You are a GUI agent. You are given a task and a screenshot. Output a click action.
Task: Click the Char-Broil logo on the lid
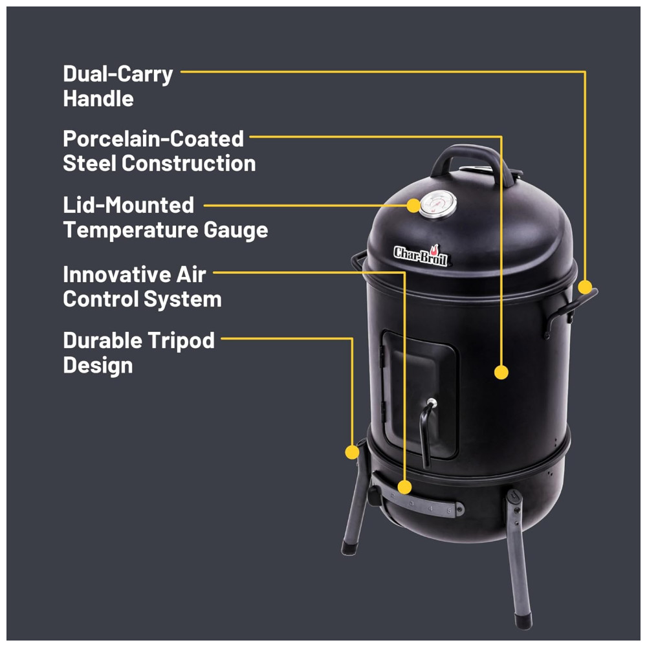point(421,256)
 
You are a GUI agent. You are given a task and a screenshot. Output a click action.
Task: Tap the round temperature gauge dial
point(438,205)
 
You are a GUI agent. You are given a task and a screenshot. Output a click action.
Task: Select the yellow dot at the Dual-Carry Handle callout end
point(585,287)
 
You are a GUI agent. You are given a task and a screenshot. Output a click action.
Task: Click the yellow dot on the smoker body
point(501,372)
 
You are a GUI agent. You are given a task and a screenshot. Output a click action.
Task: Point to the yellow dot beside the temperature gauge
point(413,206)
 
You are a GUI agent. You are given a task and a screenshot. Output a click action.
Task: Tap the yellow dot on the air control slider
point(405,487)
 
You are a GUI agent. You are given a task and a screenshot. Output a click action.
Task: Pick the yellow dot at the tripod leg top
point(352,452)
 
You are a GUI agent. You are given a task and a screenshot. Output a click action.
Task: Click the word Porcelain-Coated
point(153,139)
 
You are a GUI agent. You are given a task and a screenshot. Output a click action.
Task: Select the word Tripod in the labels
point(181,341)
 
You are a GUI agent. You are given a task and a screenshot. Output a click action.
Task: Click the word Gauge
point(236,230)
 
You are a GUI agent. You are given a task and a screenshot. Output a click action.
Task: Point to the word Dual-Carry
point(118,74)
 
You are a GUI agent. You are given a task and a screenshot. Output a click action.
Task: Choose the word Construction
point(188,164)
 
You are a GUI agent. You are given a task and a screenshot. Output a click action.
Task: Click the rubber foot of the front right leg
point(523,621)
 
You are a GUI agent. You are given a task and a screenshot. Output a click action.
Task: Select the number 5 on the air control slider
point(450,511)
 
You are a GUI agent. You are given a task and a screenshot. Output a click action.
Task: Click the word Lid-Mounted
point(128,205)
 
